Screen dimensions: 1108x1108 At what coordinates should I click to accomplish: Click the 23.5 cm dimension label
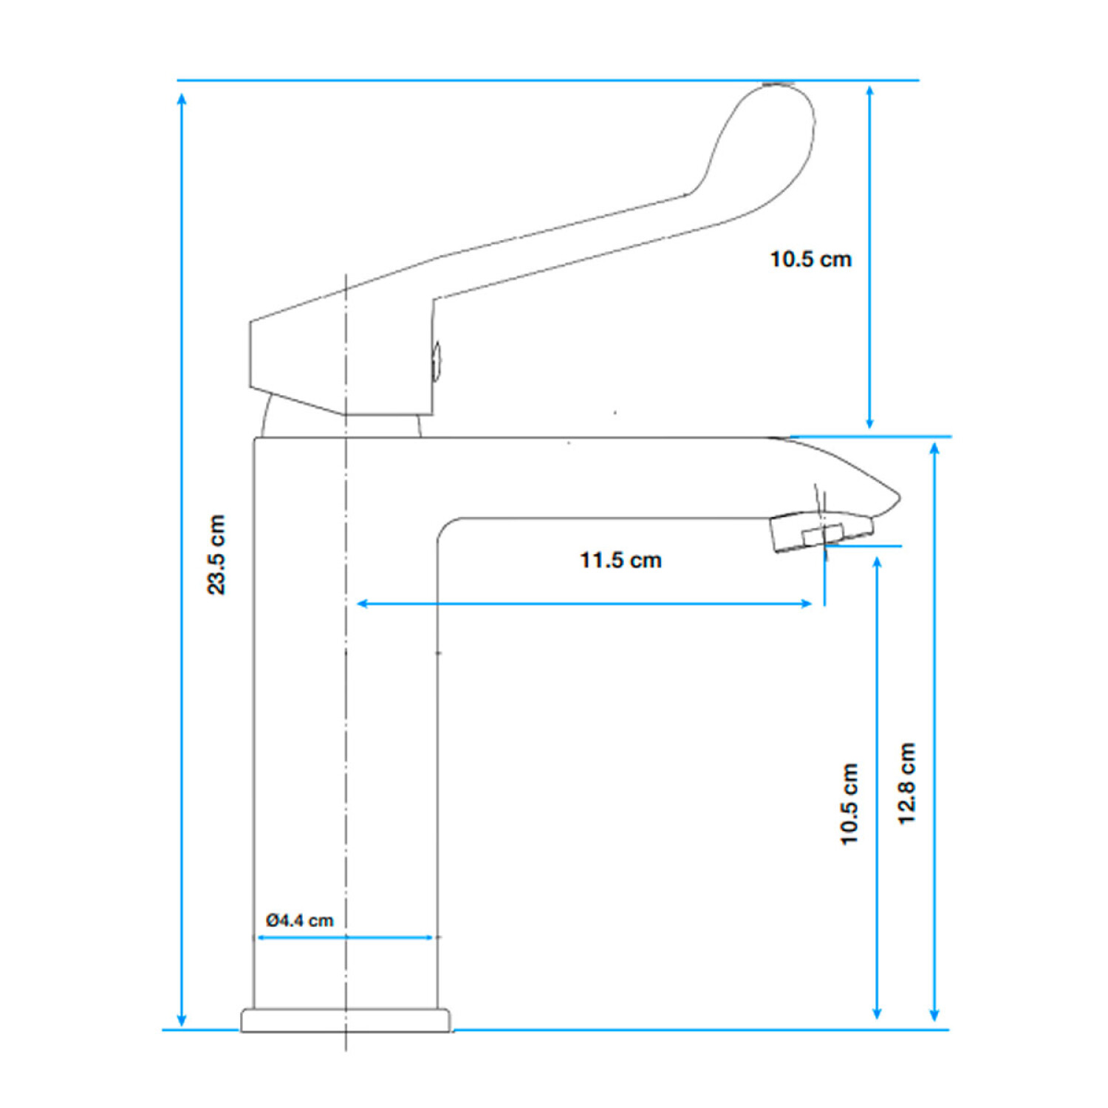216,554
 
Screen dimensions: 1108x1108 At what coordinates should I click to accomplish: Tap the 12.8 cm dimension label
906,784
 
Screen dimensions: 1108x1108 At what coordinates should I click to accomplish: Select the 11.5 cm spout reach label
620,560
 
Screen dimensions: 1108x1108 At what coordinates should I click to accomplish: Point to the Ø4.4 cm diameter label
300,920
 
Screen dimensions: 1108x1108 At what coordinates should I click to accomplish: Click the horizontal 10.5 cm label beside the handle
810,259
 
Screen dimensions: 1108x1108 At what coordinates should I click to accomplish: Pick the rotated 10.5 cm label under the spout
849,804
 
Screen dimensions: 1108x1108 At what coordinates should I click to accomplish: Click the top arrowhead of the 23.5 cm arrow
182,99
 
